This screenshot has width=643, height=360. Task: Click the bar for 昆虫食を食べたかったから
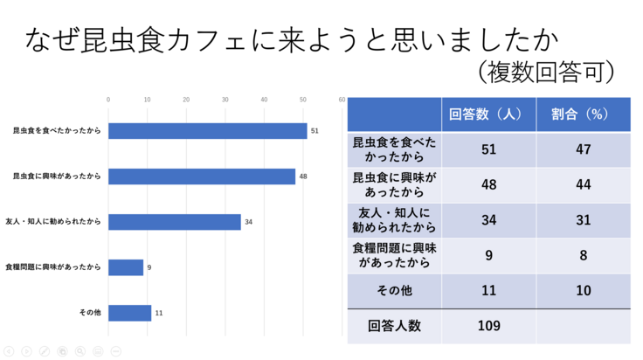[x=207, y=131]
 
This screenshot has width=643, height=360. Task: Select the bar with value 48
[x=202, y=177]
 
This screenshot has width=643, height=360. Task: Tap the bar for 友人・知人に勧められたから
[x=174, y=222]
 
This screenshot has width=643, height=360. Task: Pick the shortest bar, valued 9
[x=126, y=267]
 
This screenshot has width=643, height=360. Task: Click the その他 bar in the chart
[x=129, y=313]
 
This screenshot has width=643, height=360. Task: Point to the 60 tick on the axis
[x=342, y=100]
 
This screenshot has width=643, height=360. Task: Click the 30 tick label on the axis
[x=225, y=100]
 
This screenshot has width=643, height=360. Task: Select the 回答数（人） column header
[x=488, y=114]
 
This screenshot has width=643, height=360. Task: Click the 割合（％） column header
[x=583, y=114]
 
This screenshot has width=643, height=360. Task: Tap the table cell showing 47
[x=583, y=149]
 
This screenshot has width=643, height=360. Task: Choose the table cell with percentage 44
[x=583, y=185]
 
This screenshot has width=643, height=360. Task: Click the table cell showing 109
[x=488, y=326]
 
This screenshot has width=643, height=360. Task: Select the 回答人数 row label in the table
[x=394, y=326]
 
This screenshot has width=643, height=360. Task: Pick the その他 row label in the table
[x=394, y=290]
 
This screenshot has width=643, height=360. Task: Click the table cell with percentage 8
[x=583, y=256]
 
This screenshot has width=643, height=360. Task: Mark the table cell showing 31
[x=583, y=220]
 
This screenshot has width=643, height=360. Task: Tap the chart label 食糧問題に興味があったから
[x=53, y=267]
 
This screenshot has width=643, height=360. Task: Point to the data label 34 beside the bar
[x=248, y=222]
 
